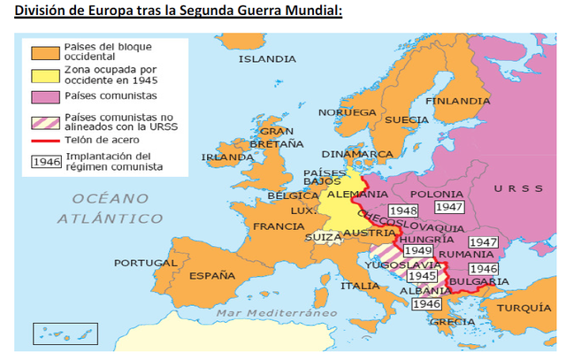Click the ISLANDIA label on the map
[x=267, y=59]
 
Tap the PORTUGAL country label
[x=140, y=263]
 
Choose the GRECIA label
[x=452, y=322]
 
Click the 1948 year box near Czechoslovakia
[x=402, y=211]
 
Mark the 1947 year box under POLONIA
[x=449, y=206]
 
